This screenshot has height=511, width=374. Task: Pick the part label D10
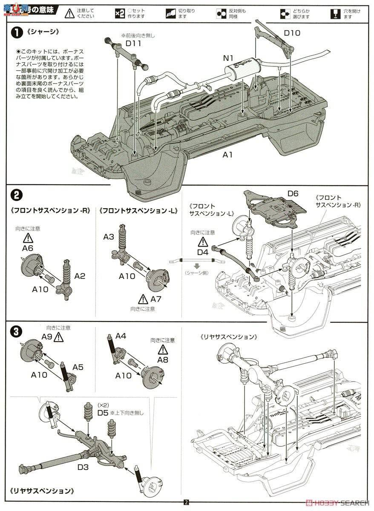(x=292, y=33)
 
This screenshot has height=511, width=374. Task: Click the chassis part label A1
(x=228, y=155)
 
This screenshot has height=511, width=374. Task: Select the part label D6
(x=293, y=194)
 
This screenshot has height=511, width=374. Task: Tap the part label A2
(x=80, y=276)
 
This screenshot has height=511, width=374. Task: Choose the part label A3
(x=109, y=236)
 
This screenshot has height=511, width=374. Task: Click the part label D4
(x=203, y=253)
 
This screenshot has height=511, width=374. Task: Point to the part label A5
(x=78, y=367)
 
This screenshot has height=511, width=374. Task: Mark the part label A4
(x=121, y=336)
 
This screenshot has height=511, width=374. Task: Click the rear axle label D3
(x=83, y=467)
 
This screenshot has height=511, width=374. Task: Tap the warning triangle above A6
(x=28, y=238)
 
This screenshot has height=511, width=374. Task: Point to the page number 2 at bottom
(x=186, y=502)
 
